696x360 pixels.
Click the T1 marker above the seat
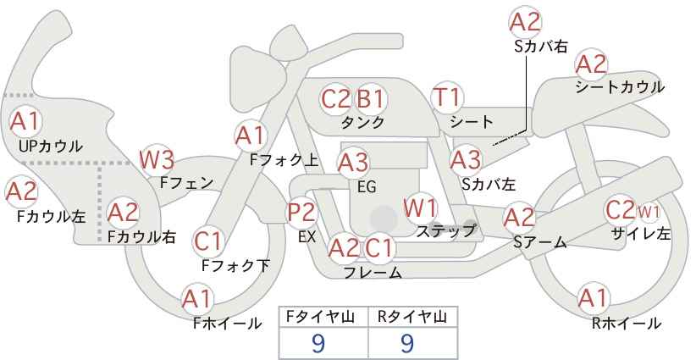[447, 97]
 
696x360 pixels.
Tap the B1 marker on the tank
[371, 99]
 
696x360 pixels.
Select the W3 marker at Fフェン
[157, 160]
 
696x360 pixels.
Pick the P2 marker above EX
[302, 213]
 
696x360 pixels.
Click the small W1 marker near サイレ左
[648, 213]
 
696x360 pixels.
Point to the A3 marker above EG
[353, 163]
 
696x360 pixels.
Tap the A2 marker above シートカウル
[591, 64]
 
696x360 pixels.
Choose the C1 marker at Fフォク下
[207, 241]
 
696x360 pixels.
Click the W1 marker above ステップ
[420, 208]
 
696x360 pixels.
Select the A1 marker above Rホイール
[594, 298]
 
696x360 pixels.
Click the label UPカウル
[51, 146]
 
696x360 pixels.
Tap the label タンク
[362, 122]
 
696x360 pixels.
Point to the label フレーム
[373, 272]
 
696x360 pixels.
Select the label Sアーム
[540, 242]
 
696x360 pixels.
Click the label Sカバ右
[541, 47]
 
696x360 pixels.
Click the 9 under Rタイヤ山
[407, 343]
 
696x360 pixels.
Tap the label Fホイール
[227, 324]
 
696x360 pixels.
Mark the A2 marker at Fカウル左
[21, 192]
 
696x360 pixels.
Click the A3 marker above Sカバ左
[466, 160]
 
